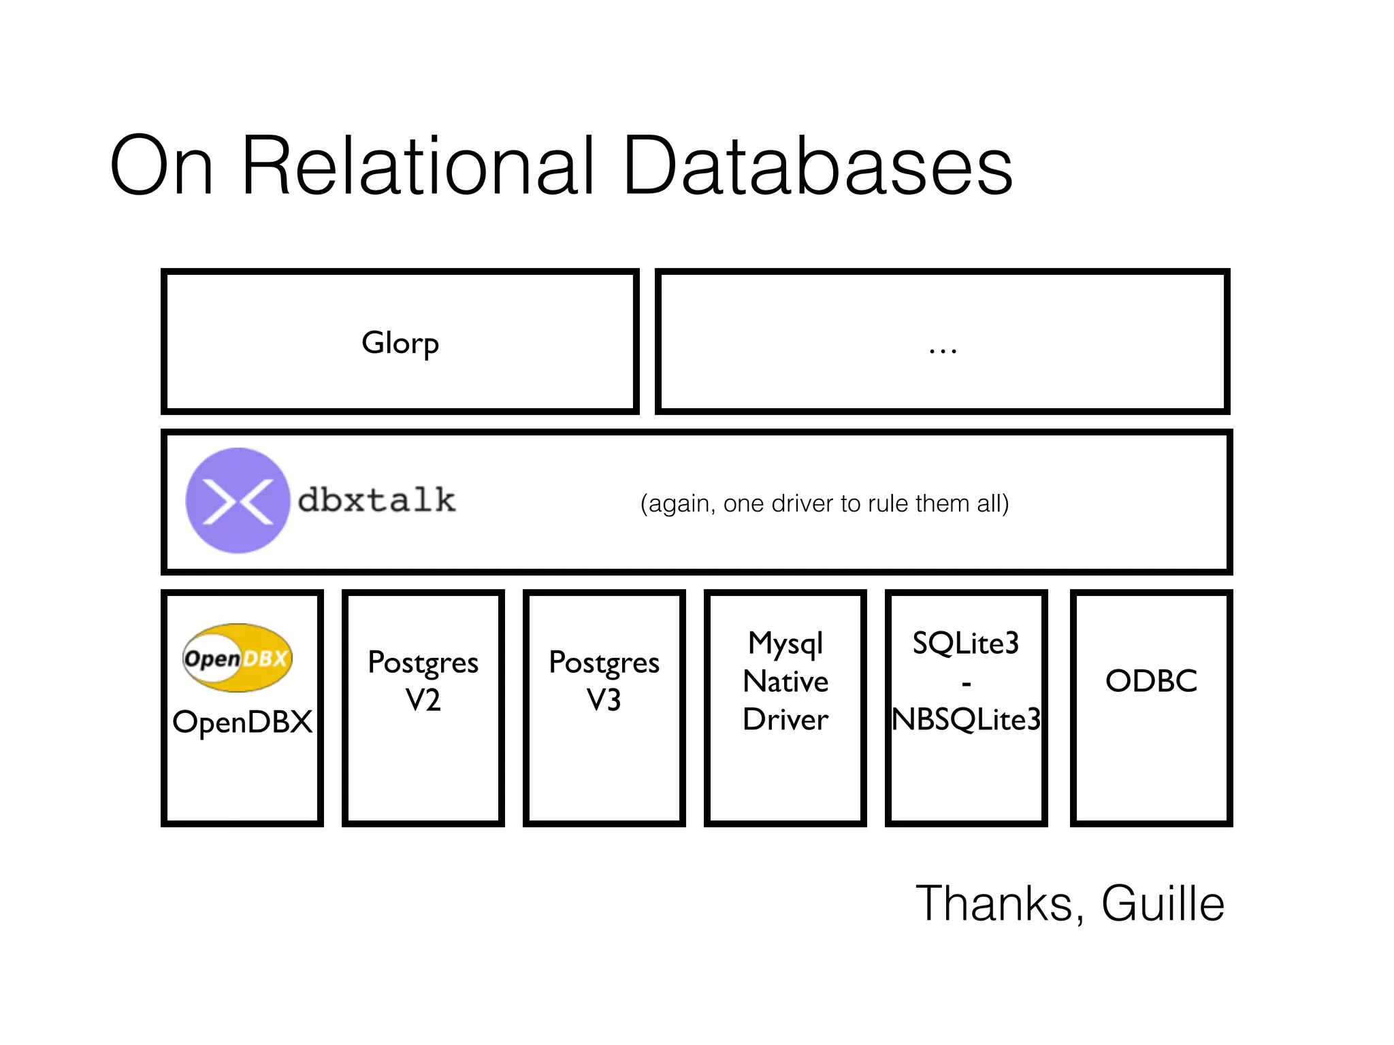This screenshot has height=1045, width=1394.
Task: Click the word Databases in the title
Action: click(x=817, y=167)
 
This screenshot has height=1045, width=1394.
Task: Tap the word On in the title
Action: click(x=161, y=167)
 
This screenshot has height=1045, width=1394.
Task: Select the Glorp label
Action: click(x=400, y=343)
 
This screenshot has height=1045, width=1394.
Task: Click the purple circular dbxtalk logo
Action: click(x=238, y=501)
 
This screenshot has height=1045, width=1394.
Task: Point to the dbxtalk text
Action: click(x=376, y=501)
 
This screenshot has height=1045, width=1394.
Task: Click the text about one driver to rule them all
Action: click(x=824, y=503)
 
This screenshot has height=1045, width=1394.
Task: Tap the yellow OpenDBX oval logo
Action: click(x=238, y=658)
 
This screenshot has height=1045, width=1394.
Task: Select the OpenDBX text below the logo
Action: click(x=242, y=722)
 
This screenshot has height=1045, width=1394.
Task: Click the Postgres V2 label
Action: click(x=423, y=681)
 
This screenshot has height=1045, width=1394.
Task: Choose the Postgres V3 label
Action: click(x=604, y=681)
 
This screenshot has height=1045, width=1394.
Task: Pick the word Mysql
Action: click(x=785, y=643)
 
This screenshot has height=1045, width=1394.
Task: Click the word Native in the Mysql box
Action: click(x=785, y=681)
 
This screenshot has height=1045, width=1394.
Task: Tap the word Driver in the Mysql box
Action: click(x=785, y=719)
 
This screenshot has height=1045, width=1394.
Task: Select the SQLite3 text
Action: click(x=966, y=643)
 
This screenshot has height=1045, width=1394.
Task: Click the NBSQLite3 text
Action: click(x=966, y=719)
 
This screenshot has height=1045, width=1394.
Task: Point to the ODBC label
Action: click(x=1151, y=681)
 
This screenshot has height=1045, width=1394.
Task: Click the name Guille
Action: click(x=1163, y=903)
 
